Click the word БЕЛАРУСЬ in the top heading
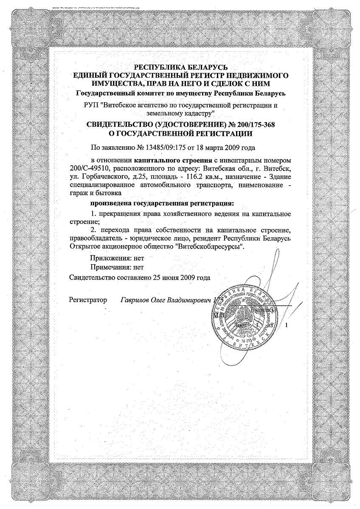tap(207, 67)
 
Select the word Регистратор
tap(88, 300)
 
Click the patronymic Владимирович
tap(191, 300)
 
